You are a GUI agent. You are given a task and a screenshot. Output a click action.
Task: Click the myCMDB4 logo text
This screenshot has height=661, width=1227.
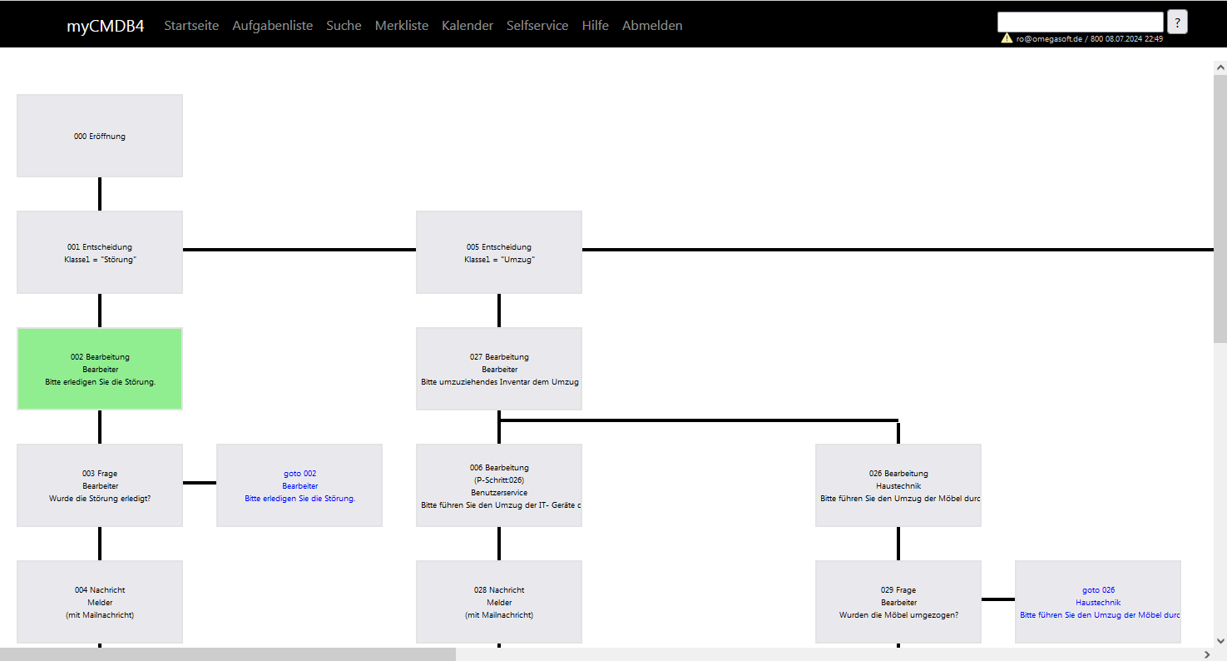[x=105, y=26]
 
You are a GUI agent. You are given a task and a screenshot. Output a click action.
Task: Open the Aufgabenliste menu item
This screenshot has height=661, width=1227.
[x=272, y=26]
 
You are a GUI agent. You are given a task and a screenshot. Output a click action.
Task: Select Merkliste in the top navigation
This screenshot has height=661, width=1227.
[x=402, y=26]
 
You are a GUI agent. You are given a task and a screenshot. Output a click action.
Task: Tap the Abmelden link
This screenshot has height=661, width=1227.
[x=652, y=26]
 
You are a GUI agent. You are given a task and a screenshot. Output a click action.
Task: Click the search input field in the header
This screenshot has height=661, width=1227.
[x=1081, y=22]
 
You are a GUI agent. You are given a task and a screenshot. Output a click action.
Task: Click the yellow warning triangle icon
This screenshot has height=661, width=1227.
[x=1007, y=38]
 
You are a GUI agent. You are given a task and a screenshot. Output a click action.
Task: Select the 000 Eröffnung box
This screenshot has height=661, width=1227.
[x=100, y=136]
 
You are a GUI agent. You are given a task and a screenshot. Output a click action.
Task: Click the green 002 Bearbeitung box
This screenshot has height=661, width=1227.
[x=100, y=369]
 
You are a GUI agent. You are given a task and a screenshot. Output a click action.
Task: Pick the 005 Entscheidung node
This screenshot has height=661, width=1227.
[x=499, y=252]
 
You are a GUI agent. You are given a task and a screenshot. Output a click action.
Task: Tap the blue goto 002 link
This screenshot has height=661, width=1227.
[x=299, y=474]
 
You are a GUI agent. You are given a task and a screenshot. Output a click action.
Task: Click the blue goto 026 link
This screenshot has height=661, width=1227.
[x=1098, y=590]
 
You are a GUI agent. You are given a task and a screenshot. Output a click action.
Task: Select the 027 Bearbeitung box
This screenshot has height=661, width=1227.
[x=499, y=369]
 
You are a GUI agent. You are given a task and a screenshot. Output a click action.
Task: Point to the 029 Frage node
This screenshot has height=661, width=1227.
[x=898, y=602]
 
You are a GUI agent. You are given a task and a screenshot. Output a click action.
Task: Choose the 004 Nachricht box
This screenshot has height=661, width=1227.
[x=100, y=602]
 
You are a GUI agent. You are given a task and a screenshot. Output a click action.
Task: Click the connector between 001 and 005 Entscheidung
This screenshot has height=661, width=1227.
[x=299, y=250]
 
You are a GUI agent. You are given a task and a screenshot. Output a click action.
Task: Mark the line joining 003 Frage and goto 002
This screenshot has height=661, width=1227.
[x=200, y=483]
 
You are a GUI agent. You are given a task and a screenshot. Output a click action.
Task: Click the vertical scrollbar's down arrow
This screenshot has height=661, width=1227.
[x=1220, y=641]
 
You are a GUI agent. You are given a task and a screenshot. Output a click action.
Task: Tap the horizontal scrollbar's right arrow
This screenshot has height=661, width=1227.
[x=1207, y=654]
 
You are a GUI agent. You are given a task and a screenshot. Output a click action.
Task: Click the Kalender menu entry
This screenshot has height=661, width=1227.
[x=468, y=26]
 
